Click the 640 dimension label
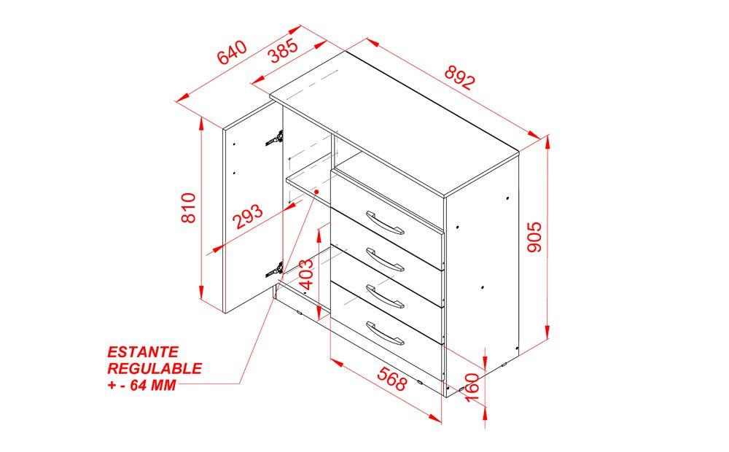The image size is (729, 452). [232, 52]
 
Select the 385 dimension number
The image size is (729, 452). [284, 51]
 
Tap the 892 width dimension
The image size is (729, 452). [460, 77]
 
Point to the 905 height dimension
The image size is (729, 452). [534, 237]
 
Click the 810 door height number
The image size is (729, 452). [189, 208]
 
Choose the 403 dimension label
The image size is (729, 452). [305, 274]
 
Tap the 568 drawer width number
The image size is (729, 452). [392, 378]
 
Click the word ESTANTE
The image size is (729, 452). [143, 351]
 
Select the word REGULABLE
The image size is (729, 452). [155, 368]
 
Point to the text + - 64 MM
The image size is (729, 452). [142, 385]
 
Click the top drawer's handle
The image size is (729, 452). [385, 223]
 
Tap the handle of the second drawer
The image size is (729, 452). [385, 260]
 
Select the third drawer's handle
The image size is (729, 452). [385, 296]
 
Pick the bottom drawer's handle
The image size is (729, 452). [385, 333]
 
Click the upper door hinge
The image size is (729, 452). [274, 138]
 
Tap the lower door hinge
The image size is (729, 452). [274, 270]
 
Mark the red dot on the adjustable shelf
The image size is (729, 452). [316, 191]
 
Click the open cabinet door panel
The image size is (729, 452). [254, 207]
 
